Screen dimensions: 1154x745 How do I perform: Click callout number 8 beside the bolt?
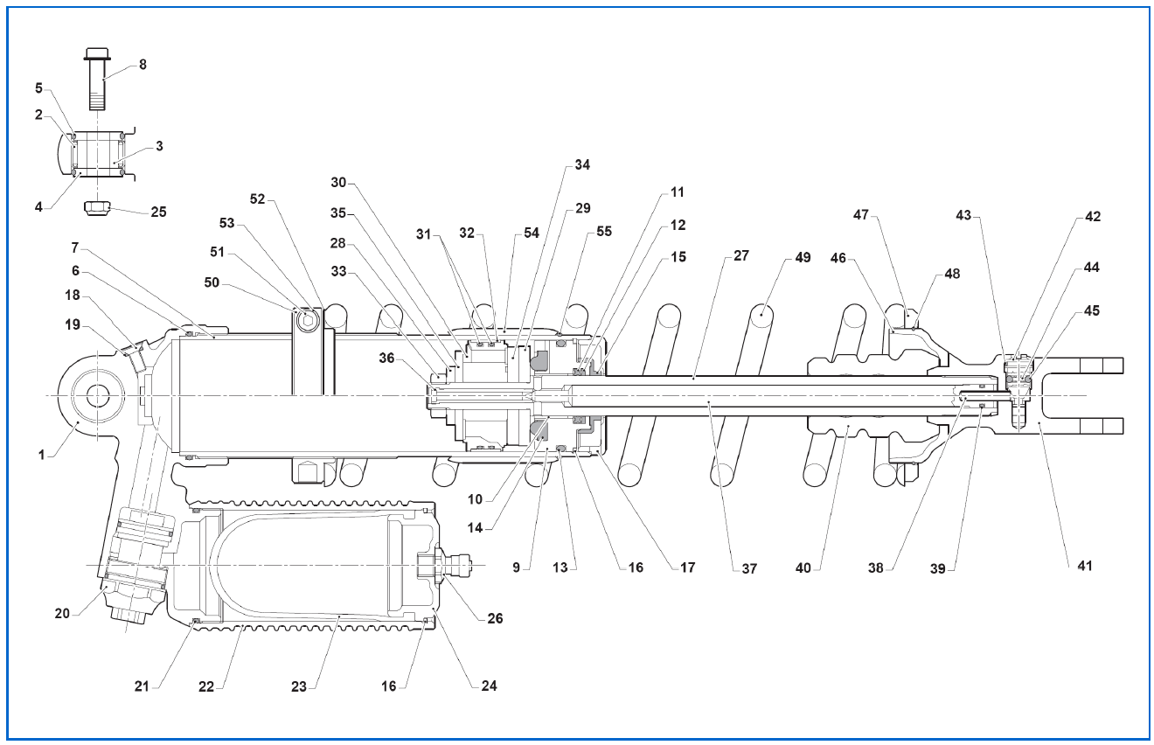tap(143, 65)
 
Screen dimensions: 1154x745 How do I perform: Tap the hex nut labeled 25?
tap(97, 208)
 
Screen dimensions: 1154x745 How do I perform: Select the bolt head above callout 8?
tap(97, 53)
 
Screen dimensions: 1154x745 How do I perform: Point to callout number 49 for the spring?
tap(803, 257)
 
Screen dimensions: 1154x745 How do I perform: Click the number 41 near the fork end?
tap(1084, 566)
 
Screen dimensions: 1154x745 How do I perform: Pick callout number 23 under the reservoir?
tap(299, 686)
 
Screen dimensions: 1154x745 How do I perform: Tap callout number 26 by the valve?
tap(495, 618)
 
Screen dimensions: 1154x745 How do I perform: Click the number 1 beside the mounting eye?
tap(42, 455)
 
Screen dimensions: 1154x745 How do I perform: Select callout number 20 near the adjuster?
tap(62, 614)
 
